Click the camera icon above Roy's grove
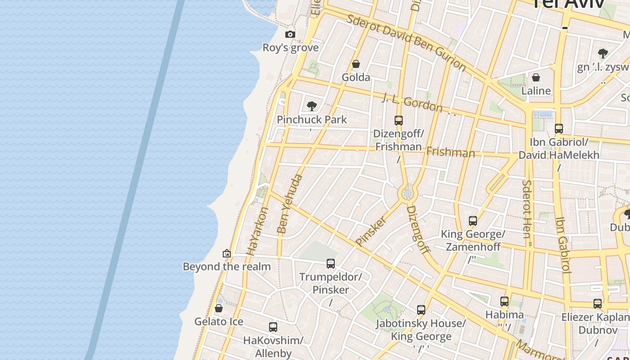[290, 34]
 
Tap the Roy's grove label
[290, 48]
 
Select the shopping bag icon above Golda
[356, 64]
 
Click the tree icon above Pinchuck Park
[311, 106]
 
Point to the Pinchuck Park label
[312, 120]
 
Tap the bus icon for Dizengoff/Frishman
[398, 121]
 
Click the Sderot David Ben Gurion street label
[406, 43]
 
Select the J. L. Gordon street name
[412, 103]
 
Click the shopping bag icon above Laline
[535, 77]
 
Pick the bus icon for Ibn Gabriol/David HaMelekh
[558, 129]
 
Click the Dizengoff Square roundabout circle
[408, 194]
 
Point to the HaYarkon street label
[258, 231]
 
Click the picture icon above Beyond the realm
[227, 253]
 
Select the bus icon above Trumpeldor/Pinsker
[331, 264]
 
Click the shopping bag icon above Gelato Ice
[219, 308]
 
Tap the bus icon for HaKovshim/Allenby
[273, 327]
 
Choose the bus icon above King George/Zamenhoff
[472, 221]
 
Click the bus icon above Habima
[504, 301]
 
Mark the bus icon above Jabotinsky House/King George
[421, 310]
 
